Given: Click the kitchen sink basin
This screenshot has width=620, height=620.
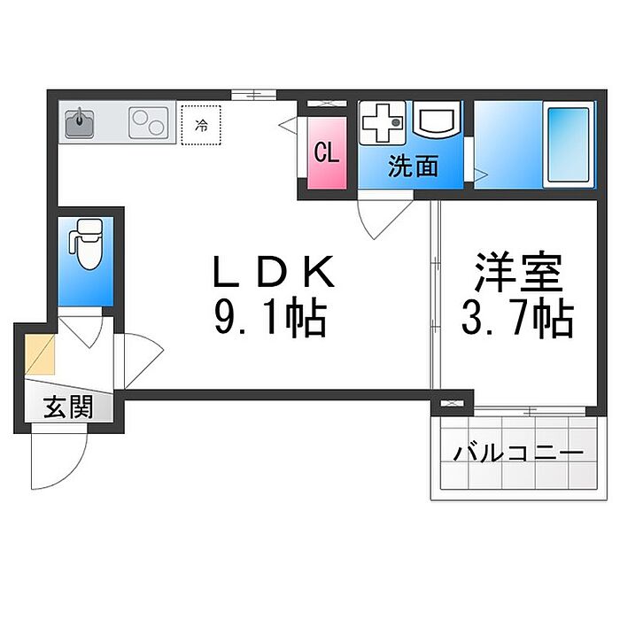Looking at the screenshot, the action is click(x=80, y=122).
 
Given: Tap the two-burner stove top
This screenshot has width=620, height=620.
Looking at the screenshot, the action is click(x=148, y=122).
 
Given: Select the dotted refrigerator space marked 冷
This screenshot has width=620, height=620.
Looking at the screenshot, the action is click(x=201, y=125).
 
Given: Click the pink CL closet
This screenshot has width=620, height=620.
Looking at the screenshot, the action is click(x=327, y=153).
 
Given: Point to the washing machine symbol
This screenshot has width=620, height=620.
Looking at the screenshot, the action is click(x=382, y=122).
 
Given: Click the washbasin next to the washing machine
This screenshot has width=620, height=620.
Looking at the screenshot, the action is click(x=436, y=119).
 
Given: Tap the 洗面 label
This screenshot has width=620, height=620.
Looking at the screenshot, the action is click(x=413, y=167).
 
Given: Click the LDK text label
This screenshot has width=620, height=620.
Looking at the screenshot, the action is click(x=274, y=271).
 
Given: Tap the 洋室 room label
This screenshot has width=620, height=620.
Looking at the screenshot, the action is click(x=518, y=272).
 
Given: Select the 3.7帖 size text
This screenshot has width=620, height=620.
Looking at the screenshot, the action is click(x=517, y=319).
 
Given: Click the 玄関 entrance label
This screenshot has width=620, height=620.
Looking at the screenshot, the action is click(x=68, y=407).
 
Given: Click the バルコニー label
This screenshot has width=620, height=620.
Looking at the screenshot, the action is click(x=518, y=453).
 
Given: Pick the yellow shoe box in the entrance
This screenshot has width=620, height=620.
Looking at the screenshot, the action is click(x=40, y=354).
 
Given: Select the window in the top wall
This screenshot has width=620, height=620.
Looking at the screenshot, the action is click(x=253, y=95).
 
